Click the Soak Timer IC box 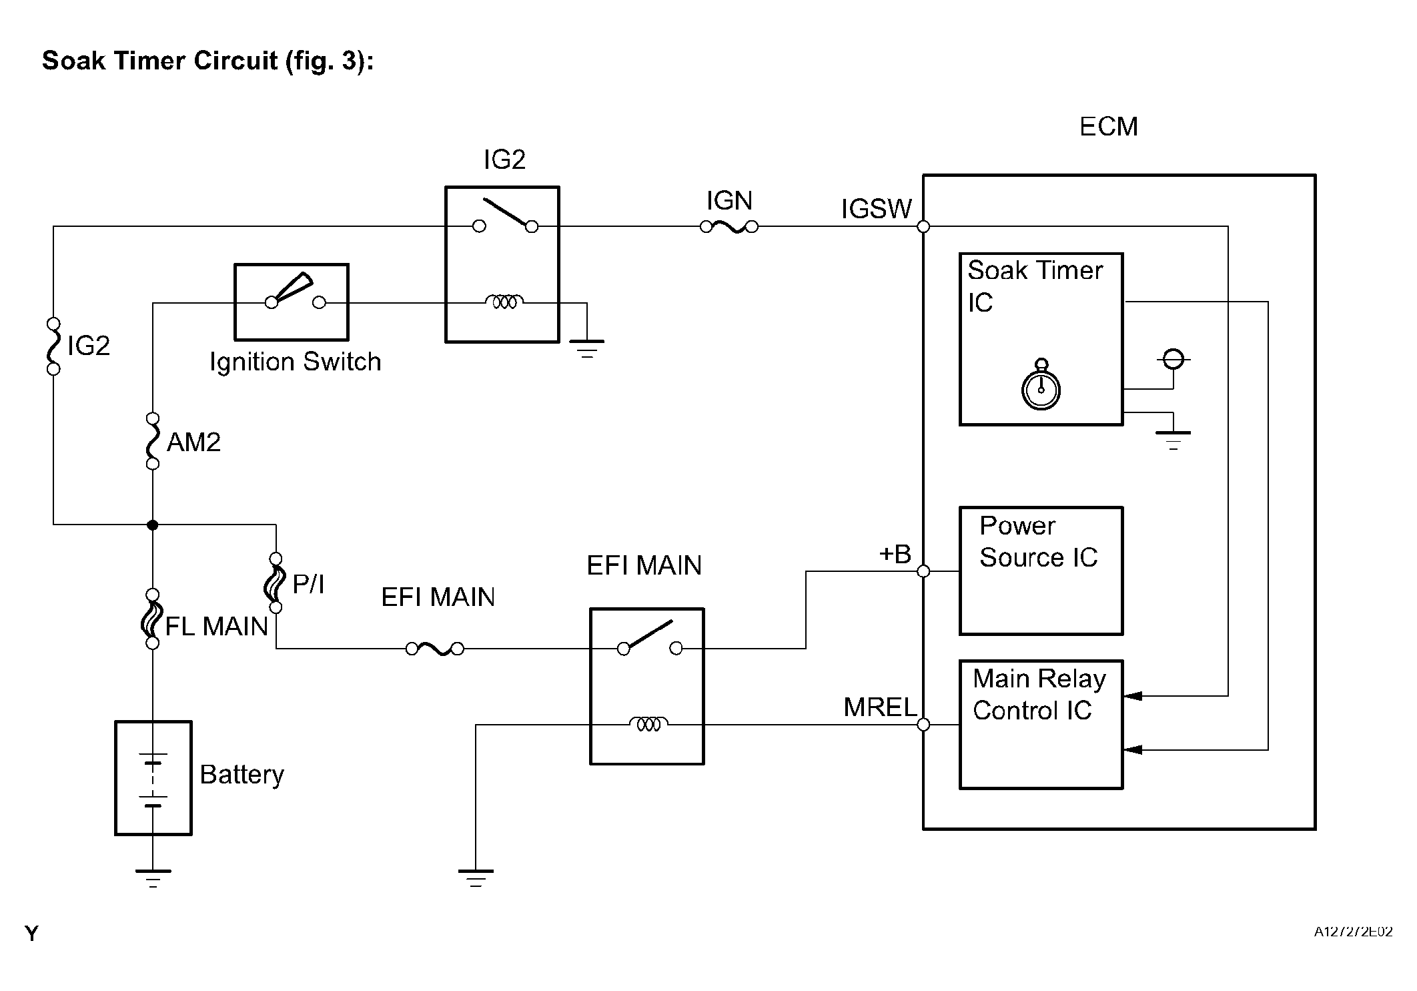[x=1041, y=339]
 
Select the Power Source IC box [x=1041, y=571]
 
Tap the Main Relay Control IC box [x=1041, y=725]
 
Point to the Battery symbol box [x=153, y=777]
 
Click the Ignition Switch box [x=292, y=302]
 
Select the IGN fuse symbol [x=729, y=227]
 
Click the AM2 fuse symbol [x=153, y=441]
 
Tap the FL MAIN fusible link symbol [x=152, y=619]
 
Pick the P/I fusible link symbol [x=276, y=583]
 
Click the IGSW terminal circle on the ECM [x=923, y=227]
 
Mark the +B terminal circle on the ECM [x=923, y=571]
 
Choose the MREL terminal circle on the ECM [x=923, y=725]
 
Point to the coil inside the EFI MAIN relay [x=648, y=724]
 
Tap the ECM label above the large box [x=1108, y=126]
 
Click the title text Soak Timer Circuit [x=207, y=61]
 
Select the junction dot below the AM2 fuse [x=153, y=525]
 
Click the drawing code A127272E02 [x=1353, y=932]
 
